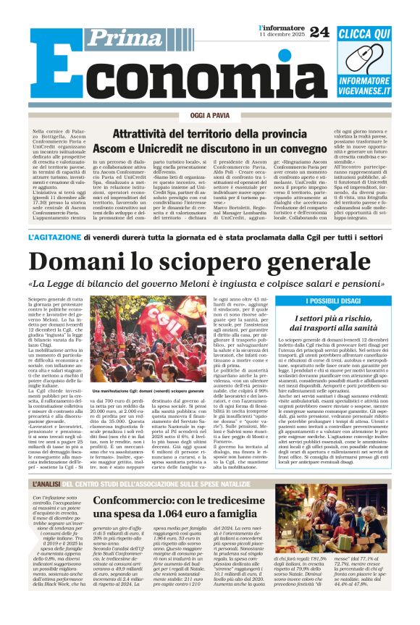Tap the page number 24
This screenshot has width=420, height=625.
tap(319, 31)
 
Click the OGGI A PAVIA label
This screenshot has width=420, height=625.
tap(209, 115)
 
